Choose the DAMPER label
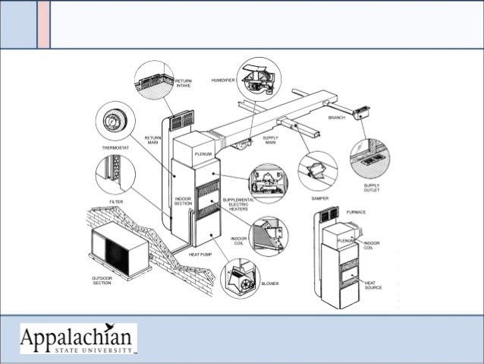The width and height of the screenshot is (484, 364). tap(319, 197)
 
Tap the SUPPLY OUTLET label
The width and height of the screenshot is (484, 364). tap(372, 187)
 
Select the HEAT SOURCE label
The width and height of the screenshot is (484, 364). tap(372, 286)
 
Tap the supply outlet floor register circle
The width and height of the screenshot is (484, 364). tap(372, 157)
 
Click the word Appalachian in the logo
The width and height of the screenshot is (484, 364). tap(77, 335)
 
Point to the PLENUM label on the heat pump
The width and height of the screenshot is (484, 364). tap(203, 154)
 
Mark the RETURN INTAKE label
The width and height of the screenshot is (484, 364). tap(184, 83)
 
